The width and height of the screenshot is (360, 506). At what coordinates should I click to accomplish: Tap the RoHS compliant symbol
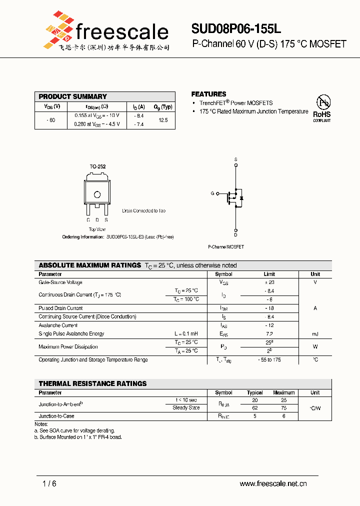(322, 108)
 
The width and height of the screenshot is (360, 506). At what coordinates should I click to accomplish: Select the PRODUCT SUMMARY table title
(73, 96)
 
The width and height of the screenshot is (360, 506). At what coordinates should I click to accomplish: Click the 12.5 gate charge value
(163, 120)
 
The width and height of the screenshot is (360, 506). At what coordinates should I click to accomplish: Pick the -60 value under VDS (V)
(50, 120)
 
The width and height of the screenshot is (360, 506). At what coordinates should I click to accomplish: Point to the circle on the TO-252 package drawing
(97, 195)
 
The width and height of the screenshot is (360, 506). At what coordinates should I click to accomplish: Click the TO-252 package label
(97, 166)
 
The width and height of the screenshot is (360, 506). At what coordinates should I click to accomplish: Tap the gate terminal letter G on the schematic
(212, 193)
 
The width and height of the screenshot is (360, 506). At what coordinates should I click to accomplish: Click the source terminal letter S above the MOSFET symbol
(235, 159)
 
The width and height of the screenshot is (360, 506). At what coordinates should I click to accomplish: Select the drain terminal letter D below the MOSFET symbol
(235, 235)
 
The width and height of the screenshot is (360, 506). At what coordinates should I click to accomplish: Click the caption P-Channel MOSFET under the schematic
(226, 247)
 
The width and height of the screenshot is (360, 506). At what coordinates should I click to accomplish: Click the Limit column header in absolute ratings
(269, 274)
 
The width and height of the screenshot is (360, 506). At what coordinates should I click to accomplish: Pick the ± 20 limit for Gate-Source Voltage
(269, 282)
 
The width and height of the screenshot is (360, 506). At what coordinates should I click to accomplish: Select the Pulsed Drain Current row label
(60, 308)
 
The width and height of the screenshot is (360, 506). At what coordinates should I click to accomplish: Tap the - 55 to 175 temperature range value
(269, 360)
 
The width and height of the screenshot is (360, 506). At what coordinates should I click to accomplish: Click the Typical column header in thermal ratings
(255, 392)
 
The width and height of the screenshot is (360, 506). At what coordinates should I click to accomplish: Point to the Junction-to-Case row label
(56, 416)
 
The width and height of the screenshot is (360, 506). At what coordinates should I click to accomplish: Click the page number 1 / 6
(50, 483)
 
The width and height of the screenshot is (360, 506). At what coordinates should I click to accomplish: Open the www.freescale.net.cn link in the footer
(273, 483)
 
